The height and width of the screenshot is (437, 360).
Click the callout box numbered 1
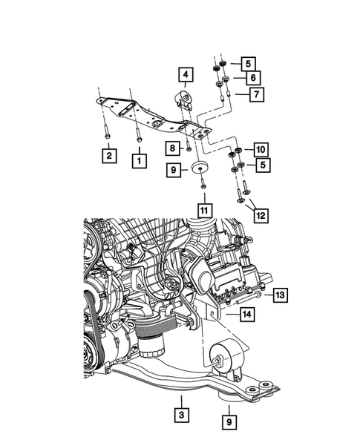pyautogui.click(x=138, y=158)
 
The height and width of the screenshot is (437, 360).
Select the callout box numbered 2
pyautogui.click(x=109, y=155)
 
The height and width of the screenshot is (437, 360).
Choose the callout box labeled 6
pyautogui.click(x=253, y=78)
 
